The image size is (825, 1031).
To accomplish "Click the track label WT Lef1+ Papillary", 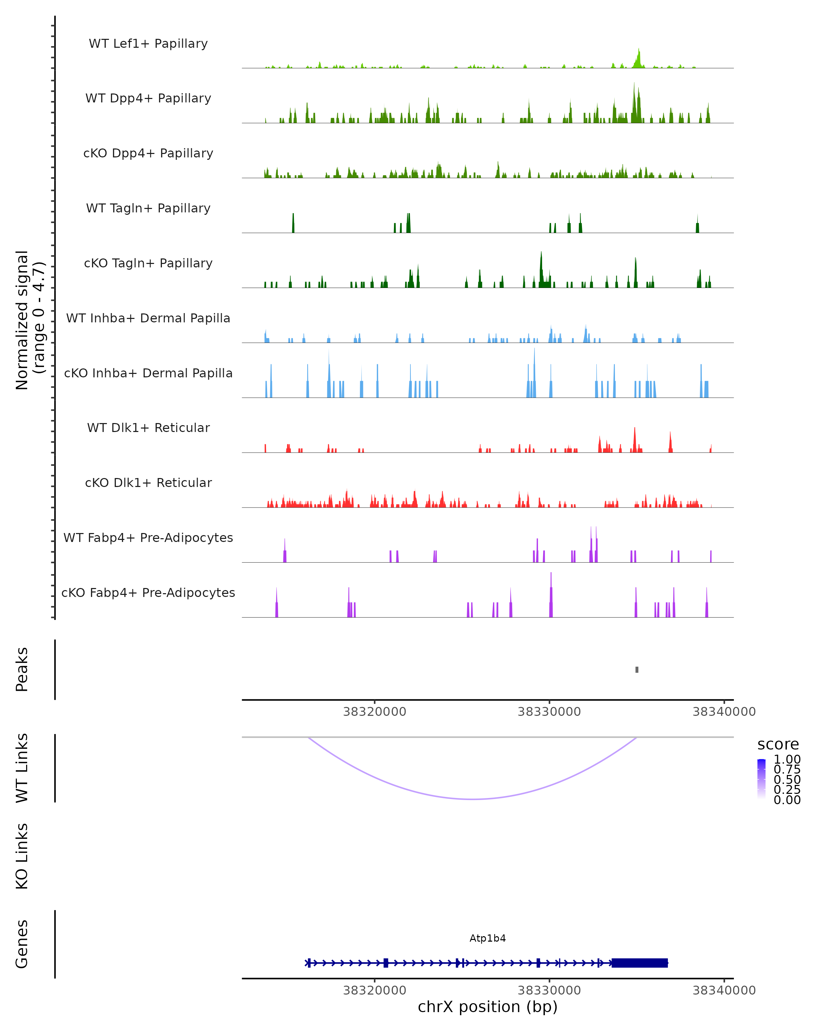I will (148, 44).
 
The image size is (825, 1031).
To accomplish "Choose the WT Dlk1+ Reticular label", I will (148, 428).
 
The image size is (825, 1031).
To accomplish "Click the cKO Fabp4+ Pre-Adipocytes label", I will (148, 592).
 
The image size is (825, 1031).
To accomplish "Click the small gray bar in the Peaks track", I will (637, 669).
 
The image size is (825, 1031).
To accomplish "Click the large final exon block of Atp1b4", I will (639, 963).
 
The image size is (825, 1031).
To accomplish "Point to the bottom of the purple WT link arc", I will (473, 799).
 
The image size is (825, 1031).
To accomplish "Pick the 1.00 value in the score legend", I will (787, 760).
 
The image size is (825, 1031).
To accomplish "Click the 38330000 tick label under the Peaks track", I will (549, 712).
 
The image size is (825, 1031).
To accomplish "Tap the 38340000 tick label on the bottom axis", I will (724, 990).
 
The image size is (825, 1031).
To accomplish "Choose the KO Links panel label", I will (22, 856).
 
